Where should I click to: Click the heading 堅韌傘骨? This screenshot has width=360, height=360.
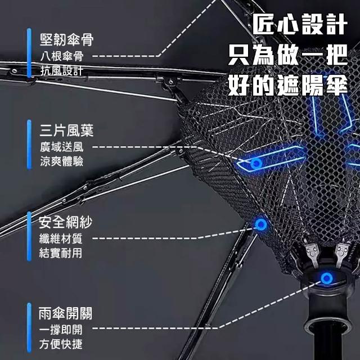pos(66,40)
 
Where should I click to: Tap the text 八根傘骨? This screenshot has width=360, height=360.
pos(61,56)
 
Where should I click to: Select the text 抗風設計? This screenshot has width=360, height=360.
pos(61,70)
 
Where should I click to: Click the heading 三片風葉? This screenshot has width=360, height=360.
pos(66,131)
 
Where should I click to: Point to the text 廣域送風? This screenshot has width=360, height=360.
pos(61,147)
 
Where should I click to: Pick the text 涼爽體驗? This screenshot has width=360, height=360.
pos(61,161)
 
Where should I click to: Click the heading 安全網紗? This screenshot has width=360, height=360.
pos(66,222)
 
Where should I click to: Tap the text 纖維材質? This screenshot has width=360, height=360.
pos(61,238)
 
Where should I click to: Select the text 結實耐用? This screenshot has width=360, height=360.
pos(61,253)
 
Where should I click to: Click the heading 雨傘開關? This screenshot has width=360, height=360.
pos(66,313)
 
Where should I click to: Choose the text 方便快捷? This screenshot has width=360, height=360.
pos(61,344)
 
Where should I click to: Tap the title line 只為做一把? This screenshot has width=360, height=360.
pos(287,56)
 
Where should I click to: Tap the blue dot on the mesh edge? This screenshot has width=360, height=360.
pos(260,225)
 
